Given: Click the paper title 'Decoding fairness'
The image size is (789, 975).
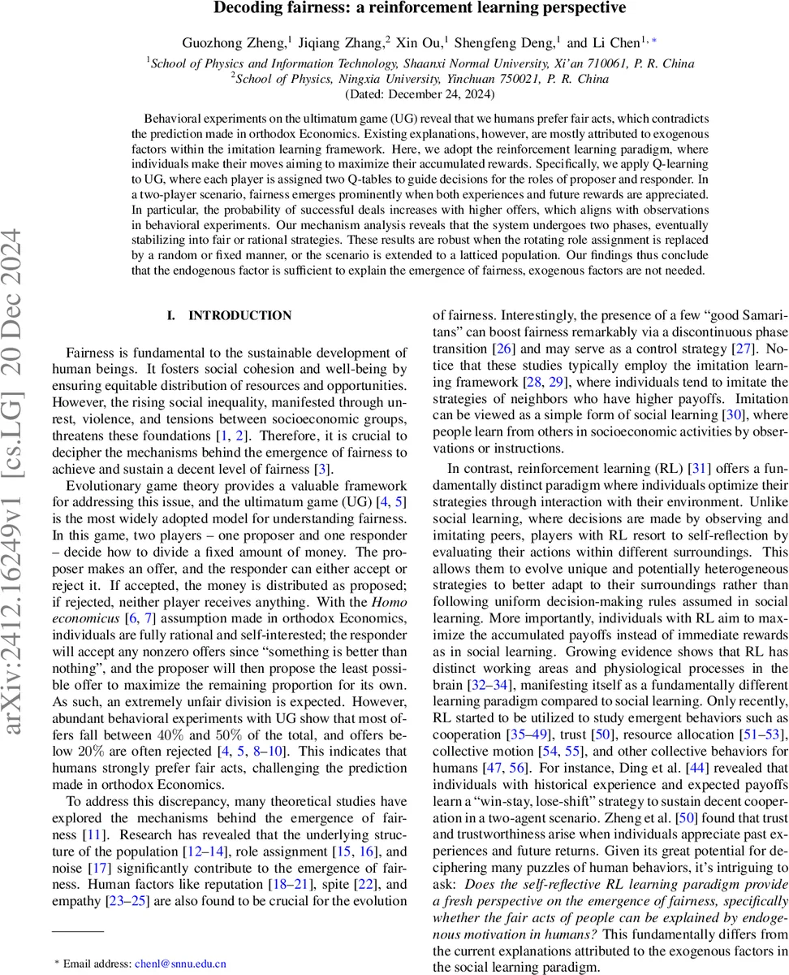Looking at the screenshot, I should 420,9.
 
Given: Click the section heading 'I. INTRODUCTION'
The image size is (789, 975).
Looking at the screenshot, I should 229,316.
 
